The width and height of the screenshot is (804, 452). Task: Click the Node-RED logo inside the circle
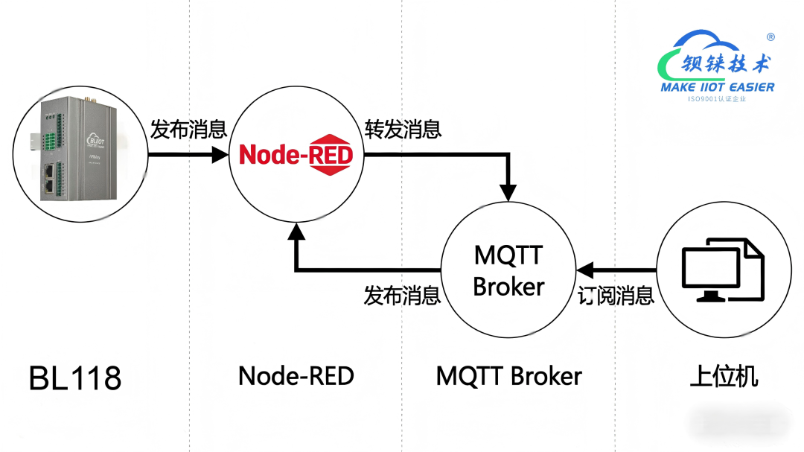296,156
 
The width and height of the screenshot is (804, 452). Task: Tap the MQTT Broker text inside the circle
508,271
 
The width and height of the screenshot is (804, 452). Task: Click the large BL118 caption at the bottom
74,378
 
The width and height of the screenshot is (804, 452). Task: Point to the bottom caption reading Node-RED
296,376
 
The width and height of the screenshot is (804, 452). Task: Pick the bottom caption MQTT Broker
508,376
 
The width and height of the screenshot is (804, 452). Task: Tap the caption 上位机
724,376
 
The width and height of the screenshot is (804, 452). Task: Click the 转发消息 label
403,130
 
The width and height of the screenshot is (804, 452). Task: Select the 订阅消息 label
616,296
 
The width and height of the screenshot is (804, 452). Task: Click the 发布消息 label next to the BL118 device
188,130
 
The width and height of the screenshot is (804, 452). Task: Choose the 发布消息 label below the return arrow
402,296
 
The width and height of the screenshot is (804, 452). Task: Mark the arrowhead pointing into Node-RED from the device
220,155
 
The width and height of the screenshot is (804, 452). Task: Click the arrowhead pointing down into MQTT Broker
508,192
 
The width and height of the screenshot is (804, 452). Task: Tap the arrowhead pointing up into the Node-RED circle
296,230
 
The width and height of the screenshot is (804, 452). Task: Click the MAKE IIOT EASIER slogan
717,87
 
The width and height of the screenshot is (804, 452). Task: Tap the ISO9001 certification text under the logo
716,98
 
